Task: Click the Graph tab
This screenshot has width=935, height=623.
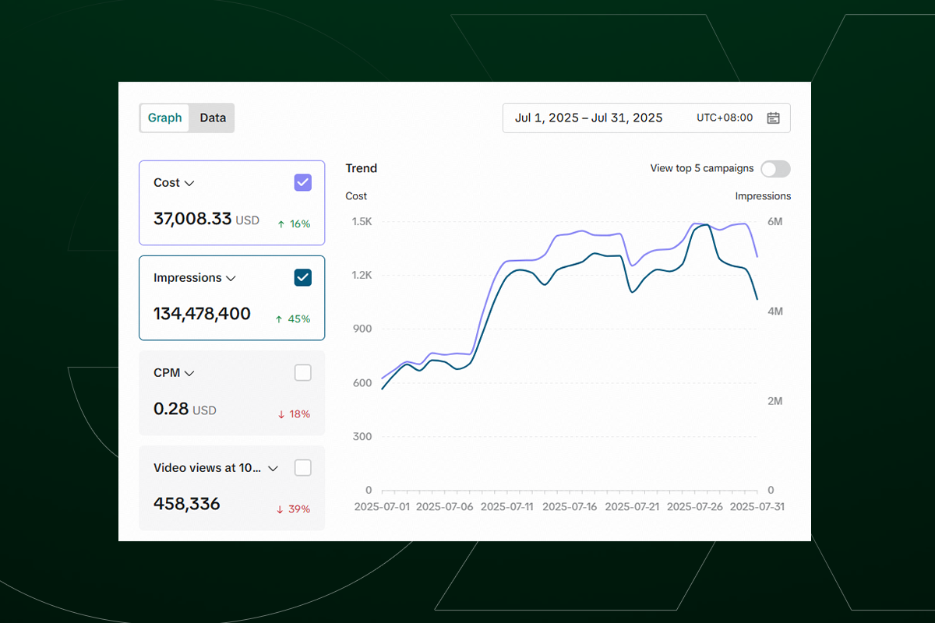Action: (x=165, y=118)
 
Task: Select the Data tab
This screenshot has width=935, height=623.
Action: (x=213, y=118)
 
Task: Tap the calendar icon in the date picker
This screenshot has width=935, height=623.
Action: (x=773, y=118)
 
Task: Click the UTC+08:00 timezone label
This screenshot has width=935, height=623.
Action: (x=725, y=118)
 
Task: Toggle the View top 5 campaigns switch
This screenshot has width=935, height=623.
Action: (x=775, y=169)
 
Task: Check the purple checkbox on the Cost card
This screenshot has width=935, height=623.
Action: (x=303, y=183)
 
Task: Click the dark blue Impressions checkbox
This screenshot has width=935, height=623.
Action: (x=303, y=278)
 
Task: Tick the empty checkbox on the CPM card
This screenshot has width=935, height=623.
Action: (x=303, y=373)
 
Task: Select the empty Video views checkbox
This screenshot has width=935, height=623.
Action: (x=303, y=468)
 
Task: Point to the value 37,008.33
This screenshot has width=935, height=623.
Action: (x=192, y=220)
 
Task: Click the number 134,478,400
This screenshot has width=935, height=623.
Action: (x=202, y=315)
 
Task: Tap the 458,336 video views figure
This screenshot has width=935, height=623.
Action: (x=187, y=505)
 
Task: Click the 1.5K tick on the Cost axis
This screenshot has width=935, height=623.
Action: (x=362, y=222)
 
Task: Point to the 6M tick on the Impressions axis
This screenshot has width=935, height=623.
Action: (x=774, y=222)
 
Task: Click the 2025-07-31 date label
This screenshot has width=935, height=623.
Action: (x=757, y=507)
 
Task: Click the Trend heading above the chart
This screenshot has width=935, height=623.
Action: (x=362, y=168)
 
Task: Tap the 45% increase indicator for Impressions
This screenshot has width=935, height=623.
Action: (x=294, y=319)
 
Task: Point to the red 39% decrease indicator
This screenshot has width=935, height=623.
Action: (x=294, y=509)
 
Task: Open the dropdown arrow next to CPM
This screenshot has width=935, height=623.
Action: (x=189, y=374)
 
